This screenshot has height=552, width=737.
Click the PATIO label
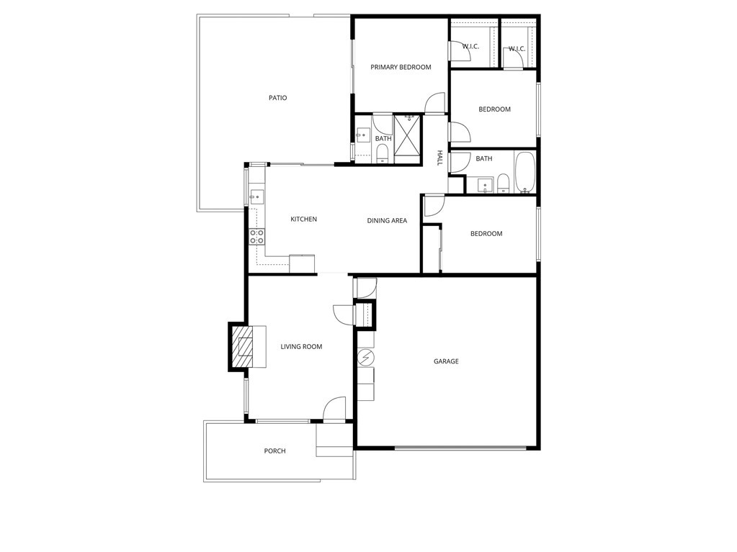pyautogui.click(x=278, y=98)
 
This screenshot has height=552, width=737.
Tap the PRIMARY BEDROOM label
pyautogui.click(x=401, y=67)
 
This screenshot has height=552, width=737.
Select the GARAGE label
pyautogui.click(x=446, y=361)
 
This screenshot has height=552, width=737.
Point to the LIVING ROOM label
pyautogui.click(x=301, y=347)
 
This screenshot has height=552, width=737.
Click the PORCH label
pyautogui.click(x=274, y=451)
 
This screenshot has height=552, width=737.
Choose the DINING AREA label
pyautogui.click(x=387, y=221)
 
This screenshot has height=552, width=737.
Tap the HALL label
pyautogui.click(x=440, y=158)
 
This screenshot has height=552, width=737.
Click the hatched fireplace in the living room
pyautogui.click(x=243, y=347)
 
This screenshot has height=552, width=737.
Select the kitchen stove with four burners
pyautogui.click(x=256, y=237)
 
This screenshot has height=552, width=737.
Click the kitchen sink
pyautogui.click(x=256, y=196)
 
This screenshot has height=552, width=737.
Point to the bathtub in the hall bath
pyautogui.click(x=525, y=172)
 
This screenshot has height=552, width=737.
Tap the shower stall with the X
pyautogui.click(x=407, y=140)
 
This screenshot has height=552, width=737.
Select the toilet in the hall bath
pyautogui.click(x=503, y=184)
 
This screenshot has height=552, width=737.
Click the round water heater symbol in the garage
pyautogui.click(x=365, y=358)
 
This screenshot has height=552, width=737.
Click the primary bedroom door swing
pyautogui.click(x=434, y=103)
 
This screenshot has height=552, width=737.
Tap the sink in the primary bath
pyautogui.click(x=363, y=136)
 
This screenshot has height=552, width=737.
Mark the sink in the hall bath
pyautogui.click(x=486, y=186)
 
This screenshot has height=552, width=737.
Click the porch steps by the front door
pyautogui.click(x=334, y=440)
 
